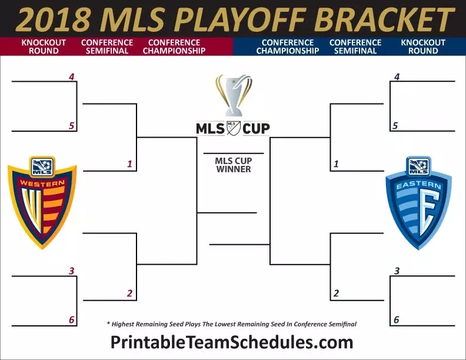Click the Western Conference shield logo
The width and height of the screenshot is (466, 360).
tap(42, 202)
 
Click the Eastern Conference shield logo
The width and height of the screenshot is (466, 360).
tap(419, 203)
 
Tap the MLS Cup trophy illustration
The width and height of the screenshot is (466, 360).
tap(234, 95)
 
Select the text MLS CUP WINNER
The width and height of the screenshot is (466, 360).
tap(234, 165)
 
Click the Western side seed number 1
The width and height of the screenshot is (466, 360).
tap(129, 164)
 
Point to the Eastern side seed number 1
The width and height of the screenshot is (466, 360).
tap(336, 164)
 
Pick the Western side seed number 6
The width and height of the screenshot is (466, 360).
tap(72, 319)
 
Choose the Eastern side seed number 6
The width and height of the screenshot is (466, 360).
tap(397, 319)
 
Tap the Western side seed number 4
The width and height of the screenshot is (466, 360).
tap(72, 76)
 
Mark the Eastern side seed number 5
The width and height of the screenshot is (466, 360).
tap(395, 126)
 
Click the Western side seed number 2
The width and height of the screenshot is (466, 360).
tap(129, 293)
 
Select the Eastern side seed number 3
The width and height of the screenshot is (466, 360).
tap(397, 271)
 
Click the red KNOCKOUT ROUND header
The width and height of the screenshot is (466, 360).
tap(44, 46)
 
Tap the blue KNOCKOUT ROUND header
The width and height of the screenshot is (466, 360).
tap(423, 46)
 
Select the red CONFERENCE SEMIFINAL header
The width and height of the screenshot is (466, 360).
tap(107, 46)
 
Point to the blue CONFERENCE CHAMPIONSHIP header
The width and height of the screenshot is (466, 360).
tap(288, 46)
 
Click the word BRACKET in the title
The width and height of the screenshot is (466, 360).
tap(384, 19)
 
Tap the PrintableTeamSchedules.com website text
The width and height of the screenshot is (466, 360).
tap(232, 342)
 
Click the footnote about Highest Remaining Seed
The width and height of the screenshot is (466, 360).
tap(232, 324)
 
